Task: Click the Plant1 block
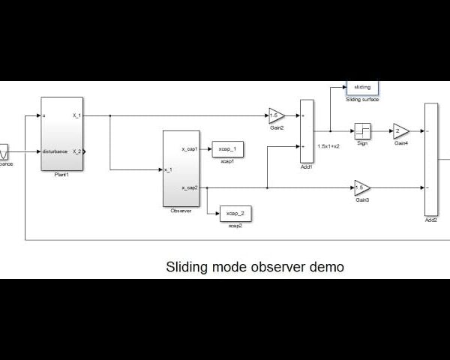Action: click(61, 134)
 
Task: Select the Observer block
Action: click(181, 169)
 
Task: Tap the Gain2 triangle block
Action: click(277, 115)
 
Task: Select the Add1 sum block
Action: click(306, 131)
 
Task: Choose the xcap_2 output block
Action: click(235, 214)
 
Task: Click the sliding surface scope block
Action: click(362, 88)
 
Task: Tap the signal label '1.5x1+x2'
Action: click(328, 146)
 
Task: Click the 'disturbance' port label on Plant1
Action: click(55, 151)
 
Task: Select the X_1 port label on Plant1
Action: click(76, 115)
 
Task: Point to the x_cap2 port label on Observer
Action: click(190, 187)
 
